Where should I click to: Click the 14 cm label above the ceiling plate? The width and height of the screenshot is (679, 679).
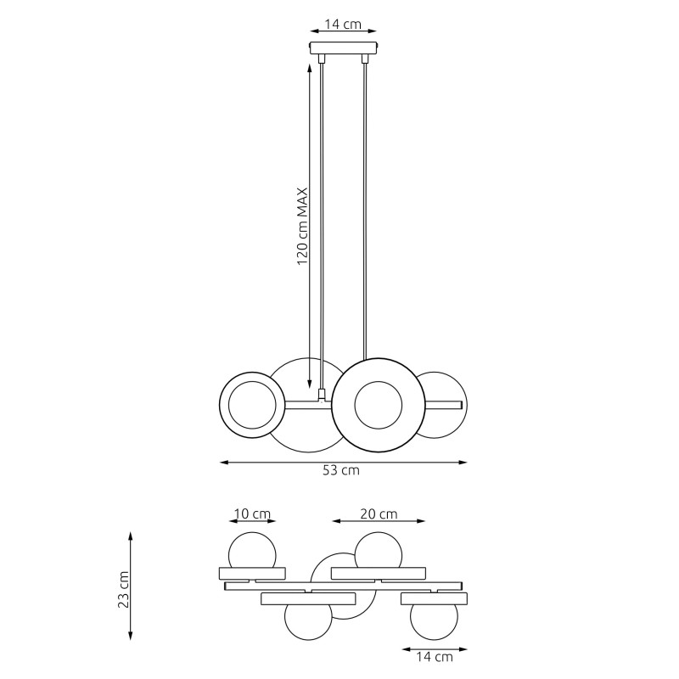coord(343,25)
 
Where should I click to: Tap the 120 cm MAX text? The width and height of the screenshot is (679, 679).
coord(302,226)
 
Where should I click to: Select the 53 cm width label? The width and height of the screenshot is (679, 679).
coord(341,470)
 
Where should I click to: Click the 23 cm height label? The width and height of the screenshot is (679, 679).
coord(124,589)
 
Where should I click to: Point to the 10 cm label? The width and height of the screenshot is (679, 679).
coord(252,514)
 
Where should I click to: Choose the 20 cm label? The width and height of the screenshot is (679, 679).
coord(379,514)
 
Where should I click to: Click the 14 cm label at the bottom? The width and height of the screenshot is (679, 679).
coord(435,657)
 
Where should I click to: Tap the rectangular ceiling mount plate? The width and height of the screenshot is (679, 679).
coord(344,48)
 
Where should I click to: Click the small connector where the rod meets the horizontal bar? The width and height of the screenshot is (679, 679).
coord(322,394)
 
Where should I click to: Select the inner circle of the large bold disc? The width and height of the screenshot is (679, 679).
coord(378,381)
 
